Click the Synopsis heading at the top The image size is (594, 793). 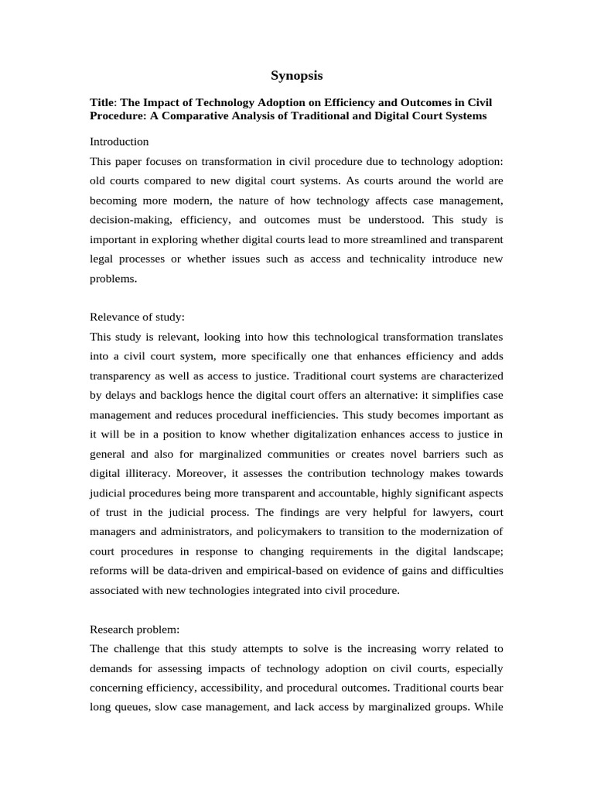(x=296, y=76)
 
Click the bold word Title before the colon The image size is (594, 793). (x=103, y=103)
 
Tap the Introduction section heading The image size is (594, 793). (x=119, y=142)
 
